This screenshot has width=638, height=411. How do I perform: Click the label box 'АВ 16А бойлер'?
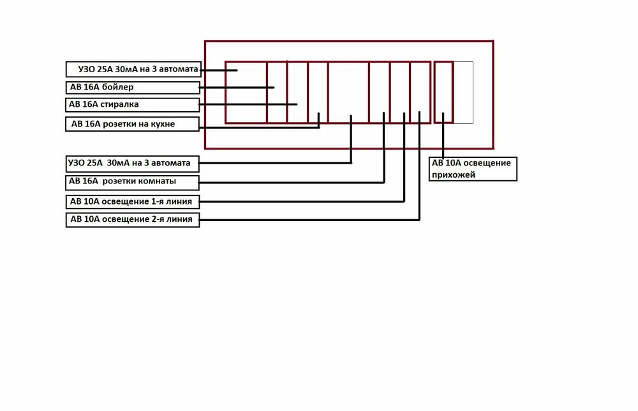[132, 88]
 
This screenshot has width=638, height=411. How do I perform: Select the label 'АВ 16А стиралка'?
[132, 105]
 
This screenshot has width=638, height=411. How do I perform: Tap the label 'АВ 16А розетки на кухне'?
[132, 124]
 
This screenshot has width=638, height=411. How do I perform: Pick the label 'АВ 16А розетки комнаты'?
[132, 183]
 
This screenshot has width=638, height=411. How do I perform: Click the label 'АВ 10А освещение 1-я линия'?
[132, 202]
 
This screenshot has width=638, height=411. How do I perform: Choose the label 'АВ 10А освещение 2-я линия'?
[132, 220]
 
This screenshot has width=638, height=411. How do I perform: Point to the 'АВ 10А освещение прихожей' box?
[473, 169]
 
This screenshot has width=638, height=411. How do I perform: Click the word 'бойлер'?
[117, 87]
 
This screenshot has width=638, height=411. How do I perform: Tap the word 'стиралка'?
[120, 104]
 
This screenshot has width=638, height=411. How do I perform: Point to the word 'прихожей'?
[453, 175]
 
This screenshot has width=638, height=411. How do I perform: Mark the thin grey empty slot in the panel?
[463, 93]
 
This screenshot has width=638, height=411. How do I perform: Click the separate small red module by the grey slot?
[443, 92]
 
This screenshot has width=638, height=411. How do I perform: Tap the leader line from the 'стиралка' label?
[248, 104]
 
